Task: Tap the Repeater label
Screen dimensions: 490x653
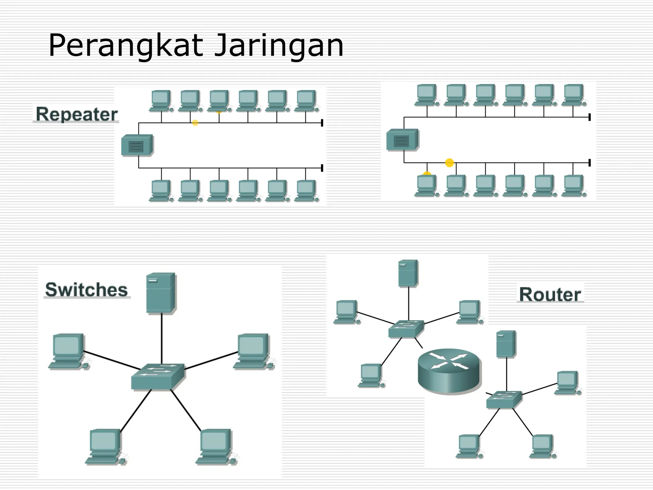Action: tap(77, 114)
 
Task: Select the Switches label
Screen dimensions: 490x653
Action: tap(86, 289)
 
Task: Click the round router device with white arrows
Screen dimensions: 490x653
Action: tap(449, 370)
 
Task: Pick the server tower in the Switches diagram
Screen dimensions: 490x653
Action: tap(161, 293)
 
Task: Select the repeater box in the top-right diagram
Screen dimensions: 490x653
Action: tap(402, 140)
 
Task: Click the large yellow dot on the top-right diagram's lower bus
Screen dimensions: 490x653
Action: tap(449, 163)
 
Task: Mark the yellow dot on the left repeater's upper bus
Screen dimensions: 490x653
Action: tap(195, 123)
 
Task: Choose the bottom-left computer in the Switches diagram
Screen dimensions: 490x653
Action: tap(105, 447)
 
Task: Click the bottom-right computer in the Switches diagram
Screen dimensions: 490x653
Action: tap(216, 447)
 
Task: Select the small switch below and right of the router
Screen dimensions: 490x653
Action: tap(504, 399)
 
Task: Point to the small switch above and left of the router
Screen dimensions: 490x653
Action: tap(406, 329)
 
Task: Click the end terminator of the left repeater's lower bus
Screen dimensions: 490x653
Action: tap(322, 168)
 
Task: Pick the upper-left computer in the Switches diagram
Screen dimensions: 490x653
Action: tap(68, 351)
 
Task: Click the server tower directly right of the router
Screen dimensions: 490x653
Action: tap(506, 344)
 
